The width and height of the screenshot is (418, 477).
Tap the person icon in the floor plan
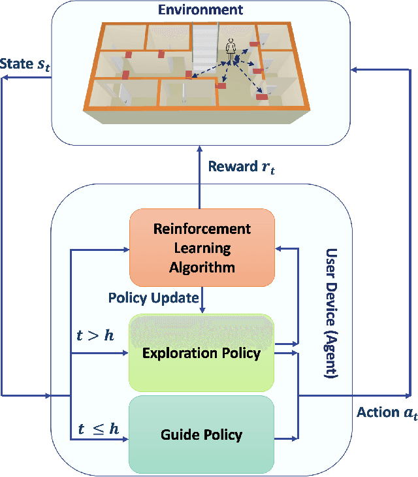(x=230, y=47)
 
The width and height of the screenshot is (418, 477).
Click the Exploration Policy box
(x=202, y=353)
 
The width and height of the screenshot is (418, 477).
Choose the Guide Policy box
(x=202, y=434)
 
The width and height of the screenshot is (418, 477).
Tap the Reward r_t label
(x=242, y=167)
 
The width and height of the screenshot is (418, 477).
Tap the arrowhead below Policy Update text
(x=202, y=309)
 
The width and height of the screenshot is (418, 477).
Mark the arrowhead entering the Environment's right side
(x=353, y=67)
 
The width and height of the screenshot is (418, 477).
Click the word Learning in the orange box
(x=202, y=248)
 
